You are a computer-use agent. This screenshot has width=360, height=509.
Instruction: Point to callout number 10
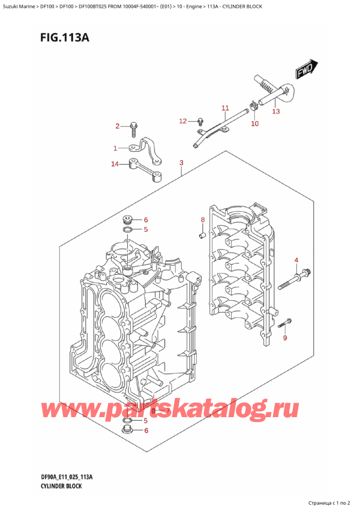pyautogui.click(x=254, y=124)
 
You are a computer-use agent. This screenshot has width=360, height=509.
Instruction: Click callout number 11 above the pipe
pyautogui.click(x=225, y=108)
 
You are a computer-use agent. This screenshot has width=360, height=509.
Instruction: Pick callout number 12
pyautogui.click(x=183, y=121)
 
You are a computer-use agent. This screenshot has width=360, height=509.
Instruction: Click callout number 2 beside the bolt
pyautogui.click(x=118, y=126)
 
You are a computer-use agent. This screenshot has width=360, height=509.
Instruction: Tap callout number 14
pyautogui.click(x=115, y=164)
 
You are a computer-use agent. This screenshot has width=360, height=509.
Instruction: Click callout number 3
pyautogui.click(x=181, y=163)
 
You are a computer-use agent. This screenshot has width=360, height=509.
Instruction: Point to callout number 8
pyautogui.click(x=203, y=220)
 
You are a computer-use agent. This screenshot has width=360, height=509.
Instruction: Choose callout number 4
pyautogui.click(x=296, y=260)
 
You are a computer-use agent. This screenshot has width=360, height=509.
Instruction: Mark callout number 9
pyautogui.click(x=285, y=339)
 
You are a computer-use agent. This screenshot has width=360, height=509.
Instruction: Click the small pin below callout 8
pyautogui.click(x=202, y=233)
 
